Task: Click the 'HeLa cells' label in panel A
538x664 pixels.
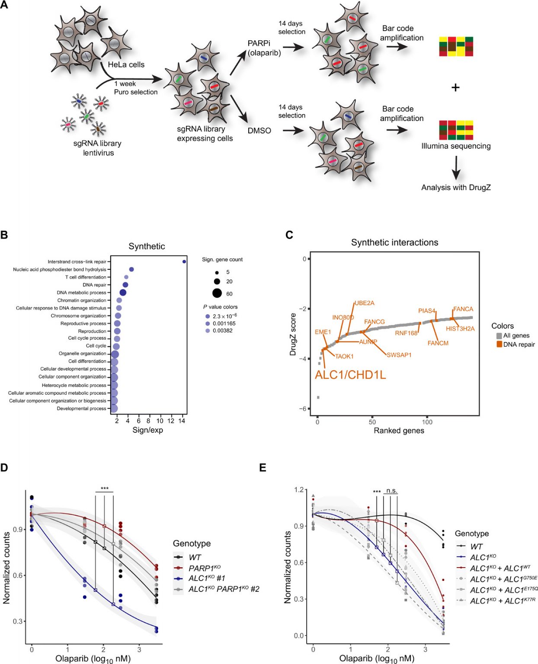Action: point(126,65)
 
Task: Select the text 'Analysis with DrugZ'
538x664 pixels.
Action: point(456,188)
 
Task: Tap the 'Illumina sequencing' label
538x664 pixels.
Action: point(456,146)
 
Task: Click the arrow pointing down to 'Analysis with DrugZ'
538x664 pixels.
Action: point(456,168)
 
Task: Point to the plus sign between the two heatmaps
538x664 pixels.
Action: point(455,88)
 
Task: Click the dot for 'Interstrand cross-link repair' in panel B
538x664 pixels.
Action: point(184,262)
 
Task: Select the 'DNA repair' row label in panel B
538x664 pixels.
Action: point(94,285)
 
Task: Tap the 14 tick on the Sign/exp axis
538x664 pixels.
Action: point(182,421)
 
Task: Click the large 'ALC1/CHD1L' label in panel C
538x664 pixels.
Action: point(350,375)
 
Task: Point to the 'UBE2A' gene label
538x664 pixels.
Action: point(365,303)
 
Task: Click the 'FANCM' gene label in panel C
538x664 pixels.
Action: point(438,343)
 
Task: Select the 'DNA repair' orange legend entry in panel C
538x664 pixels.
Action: point(519,345)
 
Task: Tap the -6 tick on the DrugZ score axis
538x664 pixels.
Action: point(304,409)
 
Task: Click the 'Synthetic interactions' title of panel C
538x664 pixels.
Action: point(394,243)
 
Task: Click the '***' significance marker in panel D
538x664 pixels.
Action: point(105,489)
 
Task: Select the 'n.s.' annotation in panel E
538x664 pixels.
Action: point(391,491)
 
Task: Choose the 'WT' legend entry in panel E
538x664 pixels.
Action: point(476,546)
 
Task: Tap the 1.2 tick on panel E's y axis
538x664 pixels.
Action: point(299,490)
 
